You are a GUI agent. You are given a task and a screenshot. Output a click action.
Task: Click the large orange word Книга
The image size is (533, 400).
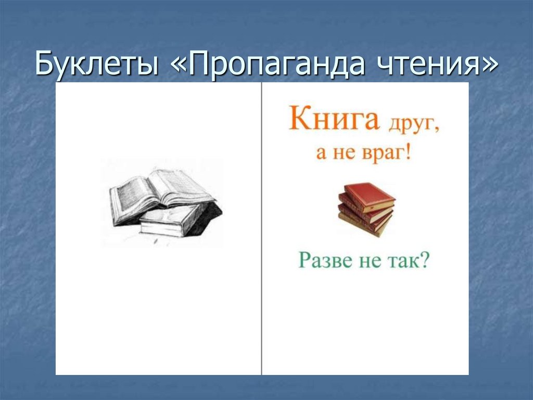[x=333, y=120]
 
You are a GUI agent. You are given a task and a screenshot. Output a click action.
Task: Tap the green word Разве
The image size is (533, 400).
[x=324, y=260]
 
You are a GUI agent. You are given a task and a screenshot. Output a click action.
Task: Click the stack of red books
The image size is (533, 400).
[x=366, y=209]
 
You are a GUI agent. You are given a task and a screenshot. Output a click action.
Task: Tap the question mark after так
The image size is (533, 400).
[x=425, y=260]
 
